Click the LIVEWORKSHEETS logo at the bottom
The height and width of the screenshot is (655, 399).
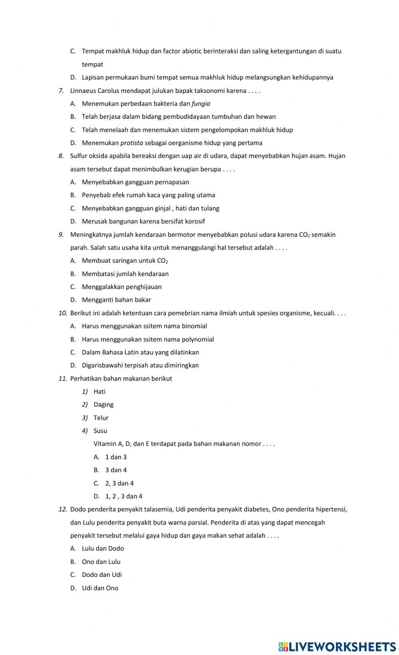(337, 646)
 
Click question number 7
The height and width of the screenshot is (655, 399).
(61, 91)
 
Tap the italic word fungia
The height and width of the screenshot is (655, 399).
(201, 104)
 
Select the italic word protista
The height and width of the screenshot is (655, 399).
(132, 143)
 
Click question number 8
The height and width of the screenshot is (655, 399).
(61, 156)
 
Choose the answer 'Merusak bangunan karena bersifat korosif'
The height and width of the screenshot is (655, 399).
(143, 221)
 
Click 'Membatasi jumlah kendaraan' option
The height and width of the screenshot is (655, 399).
(125, 274)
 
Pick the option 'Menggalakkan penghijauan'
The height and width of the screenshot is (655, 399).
(122, 287)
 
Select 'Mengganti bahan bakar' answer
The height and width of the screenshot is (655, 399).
(116, 300)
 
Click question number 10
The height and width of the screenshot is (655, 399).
(63, 313)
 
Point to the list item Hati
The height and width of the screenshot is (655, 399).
(99, 391)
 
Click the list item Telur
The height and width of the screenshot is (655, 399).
(101, 418)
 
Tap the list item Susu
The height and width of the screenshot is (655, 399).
(100, 431)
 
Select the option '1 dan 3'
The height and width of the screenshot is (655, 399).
(116, 457)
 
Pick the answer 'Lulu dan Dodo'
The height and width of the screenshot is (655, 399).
(103, 549)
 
